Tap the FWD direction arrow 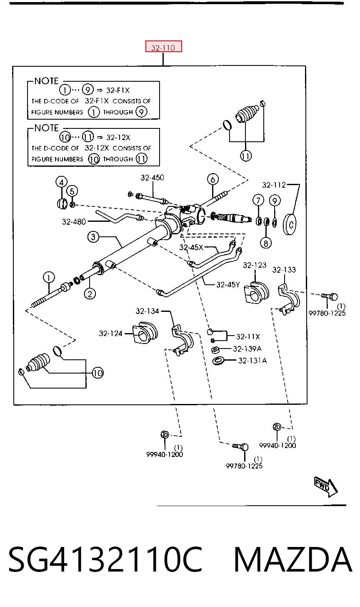pos(325,487)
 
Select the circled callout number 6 pos(212,179)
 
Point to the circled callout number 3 pos(93,237)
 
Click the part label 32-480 pos(74,222)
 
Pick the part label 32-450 pos(152,178)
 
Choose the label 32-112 pos(274,185)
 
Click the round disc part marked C pos(290,224)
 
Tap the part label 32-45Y pos(228,284)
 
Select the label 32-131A pos(252,360)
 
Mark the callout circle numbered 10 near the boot pos(98,373)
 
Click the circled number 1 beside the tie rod pos(49,278)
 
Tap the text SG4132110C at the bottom pos(105,559)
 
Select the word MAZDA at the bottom pos(292,559)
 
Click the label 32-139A pos(247,349)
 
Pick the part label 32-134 pos(147,311)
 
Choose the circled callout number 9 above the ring pos(275,201)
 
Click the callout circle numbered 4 pos(61,182)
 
